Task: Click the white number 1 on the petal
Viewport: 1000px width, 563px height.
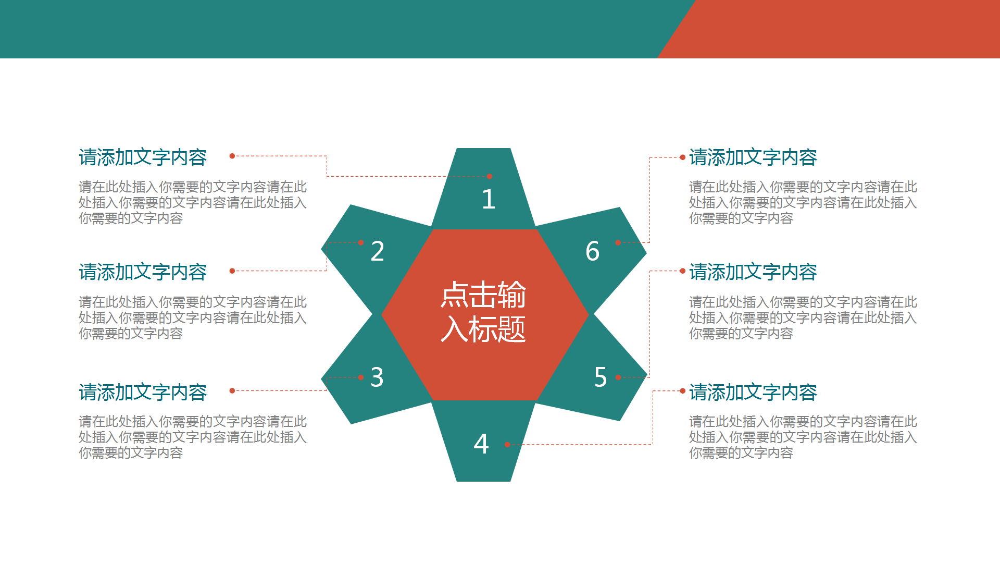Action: [x=488, y=199]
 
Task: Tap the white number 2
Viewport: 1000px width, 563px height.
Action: [x=378, y=251]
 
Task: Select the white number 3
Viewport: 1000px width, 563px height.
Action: [x=377, y=377]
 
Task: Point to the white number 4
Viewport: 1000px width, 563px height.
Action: [x=481, y=444]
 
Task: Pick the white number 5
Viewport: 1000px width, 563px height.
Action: [x=601, y=377]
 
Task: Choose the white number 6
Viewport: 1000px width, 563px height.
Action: [x=593, y=251]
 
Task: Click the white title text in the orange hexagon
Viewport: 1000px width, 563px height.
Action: [x=483, y=312]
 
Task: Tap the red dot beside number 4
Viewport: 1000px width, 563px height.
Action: [x=507, y=445]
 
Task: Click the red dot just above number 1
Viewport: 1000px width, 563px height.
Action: [x=490, y=176]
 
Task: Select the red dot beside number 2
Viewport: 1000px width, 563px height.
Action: [x=360, y=242]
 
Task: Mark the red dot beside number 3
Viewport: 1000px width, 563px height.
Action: [x=360, y=377]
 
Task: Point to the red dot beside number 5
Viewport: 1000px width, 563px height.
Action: [x=618, y=377]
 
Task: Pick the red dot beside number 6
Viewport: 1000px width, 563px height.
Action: [x=618, y=242]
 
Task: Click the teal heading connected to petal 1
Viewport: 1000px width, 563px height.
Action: [x=143, y=157]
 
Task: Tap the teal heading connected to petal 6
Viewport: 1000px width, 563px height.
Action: [x=753, y=157]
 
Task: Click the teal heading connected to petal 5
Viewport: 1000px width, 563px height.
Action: [x=753, y=272]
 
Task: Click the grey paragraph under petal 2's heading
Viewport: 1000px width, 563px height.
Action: [x=193, y=317]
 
